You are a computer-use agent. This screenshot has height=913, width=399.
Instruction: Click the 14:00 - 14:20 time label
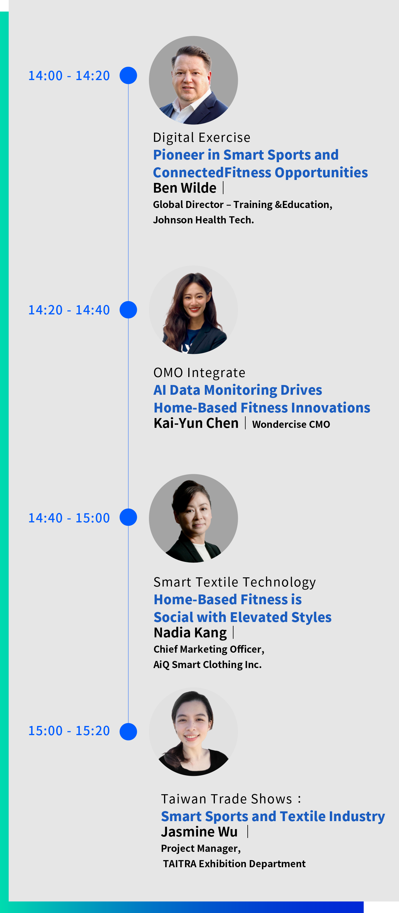click(69, 76)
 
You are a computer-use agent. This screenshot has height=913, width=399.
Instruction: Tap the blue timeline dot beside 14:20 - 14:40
click(128, 310)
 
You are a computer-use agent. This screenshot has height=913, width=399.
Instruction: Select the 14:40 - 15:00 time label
click(69, 518)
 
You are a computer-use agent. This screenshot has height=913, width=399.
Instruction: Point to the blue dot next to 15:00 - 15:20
click(128, 732)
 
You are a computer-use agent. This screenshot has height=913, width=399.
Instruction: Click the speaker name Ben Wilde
click(185, 188)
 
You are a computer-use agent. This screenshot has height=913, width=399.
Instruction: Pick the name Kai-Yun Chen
click(196, 423)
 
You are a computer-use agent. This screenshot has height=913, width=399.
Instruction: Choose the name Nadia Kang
click(190, 633)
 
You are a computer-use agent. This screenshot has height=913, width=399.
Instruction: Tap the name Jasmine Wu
click(199, 831)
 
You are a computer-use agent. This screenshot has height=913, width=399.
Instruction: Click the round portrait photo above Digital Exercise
click(193, 80)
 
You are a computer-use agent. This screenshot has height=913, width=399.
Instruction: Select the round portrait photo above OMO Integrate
click(193, 310)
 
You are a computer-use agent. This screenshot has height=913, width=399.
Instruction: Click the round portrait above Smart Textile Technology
click(193, 518)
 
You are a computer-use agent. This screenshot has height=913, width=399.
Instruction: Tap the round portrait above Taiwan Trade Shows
click(193, 732)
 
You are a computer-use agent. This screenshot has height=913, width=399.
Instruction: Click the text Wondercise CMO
click(291, 424)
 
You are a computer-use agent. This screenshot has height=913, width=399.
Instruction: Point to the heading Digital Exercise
click(202, 137)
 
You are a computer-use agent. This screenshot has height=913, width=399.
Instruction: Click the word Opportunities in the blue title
click(321, 173)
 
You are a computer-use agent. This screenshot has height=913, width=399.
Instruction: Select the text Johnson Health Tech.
click(204, 220)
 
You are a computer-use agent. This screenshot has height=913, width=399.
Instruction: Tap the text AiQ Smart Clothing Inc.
click(207, 665)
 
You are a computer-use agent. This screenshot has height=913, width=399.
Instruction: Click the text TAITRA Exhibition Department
click(234, 864)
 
